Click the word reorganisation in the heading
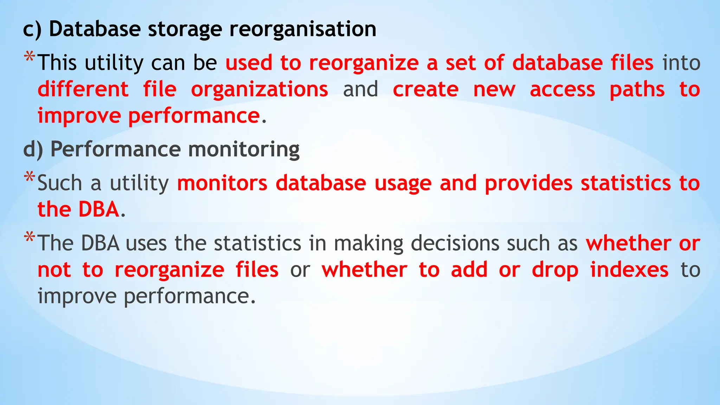click(x=303, y=29)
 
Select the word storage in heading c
click(x=185, y=29)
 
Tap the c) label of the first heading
click(x=32, y=29)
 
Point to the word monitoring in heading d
click(x=244, y=149)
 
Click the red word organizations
click(x=259, y=90)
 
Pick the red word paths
click(x=637, y=90)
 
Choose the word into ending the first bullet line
click(x=681, y=63)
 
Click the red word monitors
click(x=222, y=183)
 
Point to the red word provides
click(x=529, y=183)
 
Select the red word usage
click(x=403, y=183)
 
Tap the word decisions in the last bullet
click(x=455, y=243)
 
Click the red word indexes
click(x=629, y=270)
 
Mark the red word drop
click(x=555, y=270)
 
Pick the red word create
click(x=425, y=90)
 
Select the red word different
click(x=83, y=90)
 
